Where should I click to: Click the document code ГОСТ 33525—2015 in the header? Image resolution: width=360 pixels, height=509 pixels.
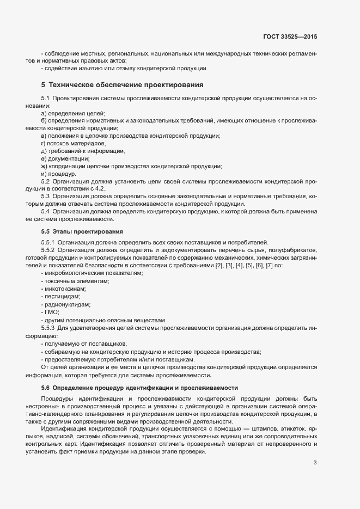(x=289, y=36)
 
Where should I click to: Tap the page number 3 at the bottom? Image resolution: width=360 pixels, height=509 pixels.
(x=315, y=448)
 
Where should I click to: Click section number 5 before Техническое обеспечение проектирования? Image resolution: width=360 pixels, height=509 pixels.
(x=43, y=85)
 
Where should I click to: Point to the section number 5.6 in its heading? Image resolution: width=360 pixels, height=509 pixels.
(x=45, y=388)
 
